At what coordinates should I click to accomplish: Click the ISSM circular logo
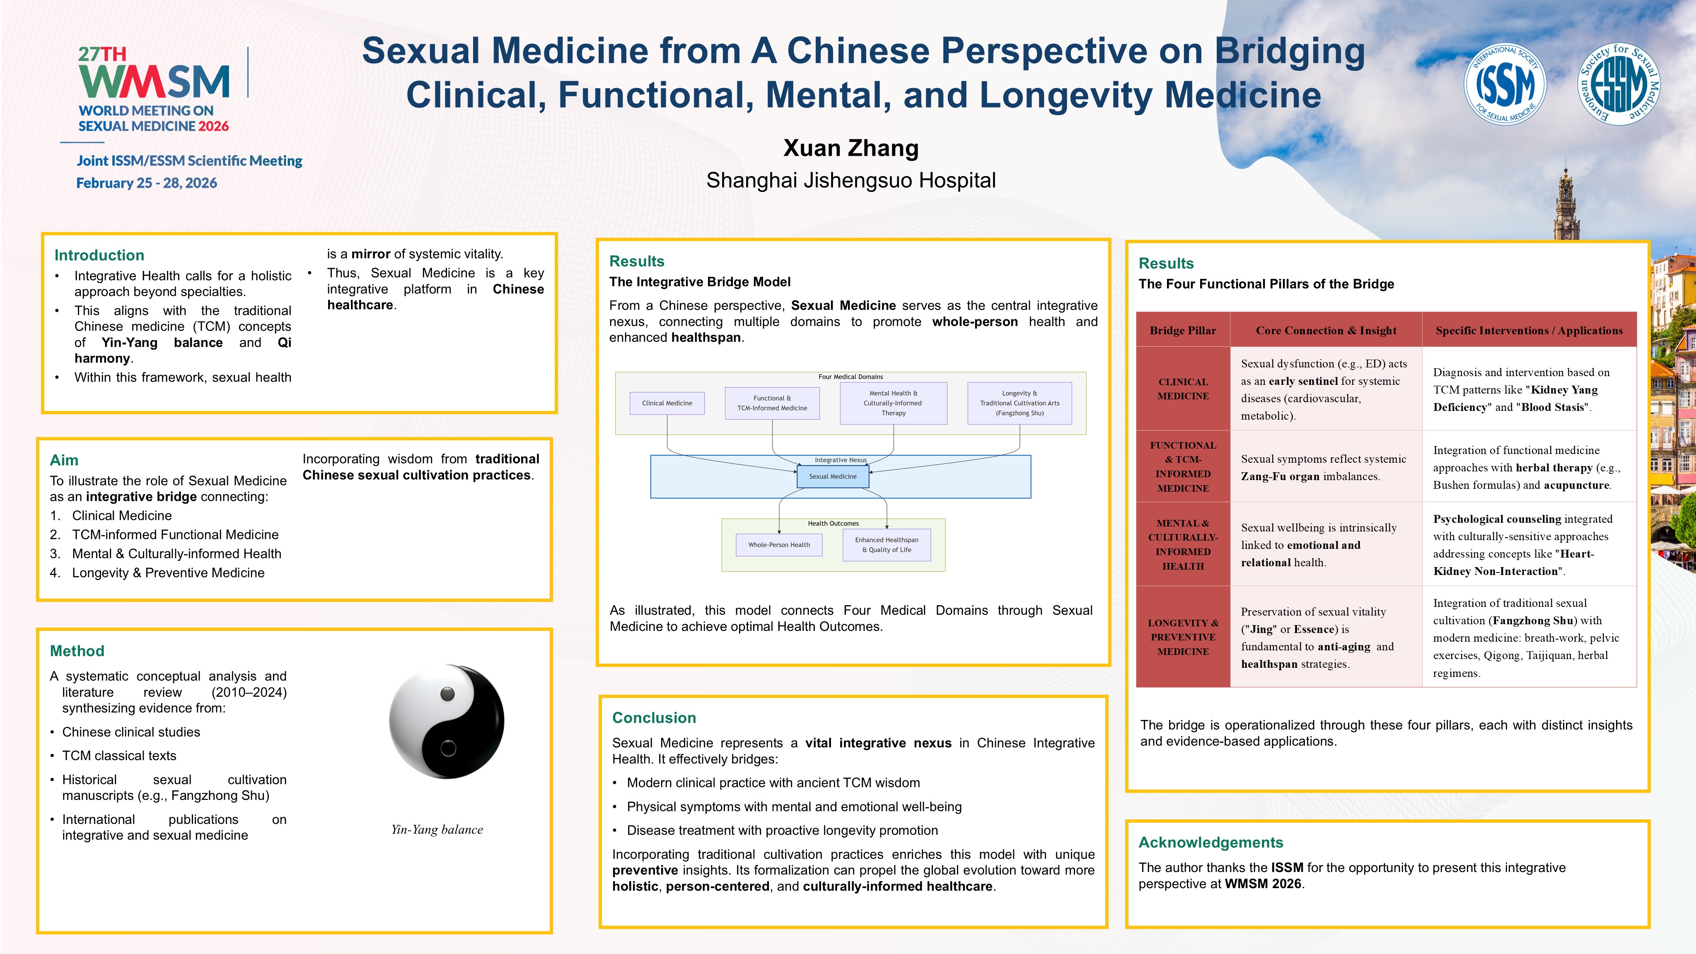pyautogui.click(x=1505, y=84)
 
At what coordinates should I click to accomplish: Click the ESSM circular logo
pyautogui.click(x=1619, y=84)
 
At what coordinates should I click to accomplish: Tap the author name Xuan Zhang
pyautogui.click(x=850, y=148)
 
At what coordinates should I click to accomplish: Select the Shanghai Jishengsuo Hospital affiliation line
pyautogui.click(x=850, y=180)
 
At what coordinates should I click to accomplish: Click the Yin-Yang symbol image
pyautogui.click(x=447, y=721)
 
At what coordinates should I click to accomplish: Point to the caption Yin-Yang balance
pyautogui.click(x=437, y=830)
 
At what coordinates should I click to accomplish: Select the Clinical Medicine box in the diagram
pyautogui.click(x=667, y=403)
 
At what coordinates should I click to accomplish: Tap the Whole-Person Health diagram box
pyautogui.click(x=779, y=545)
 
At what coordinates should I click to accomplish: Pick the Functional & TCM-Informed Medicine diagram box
pyautogui.click(x=772, y=403)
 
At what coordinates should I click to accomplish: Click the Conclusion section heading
pyautogui.click(x=654, y=717)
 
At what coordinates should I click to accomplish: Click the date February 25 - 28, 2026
pyautogui.click(x=146, y=183)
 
